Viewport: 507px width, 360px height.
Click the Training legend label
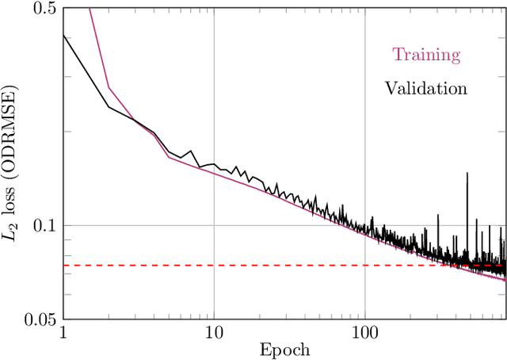coord(426,55)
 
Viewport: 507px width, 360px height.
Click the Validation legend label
coord(426,88)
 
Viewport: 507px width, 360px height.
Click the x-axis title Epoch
coord(284,350)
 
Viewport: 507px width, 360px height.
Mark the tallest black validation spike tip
coord(467,172)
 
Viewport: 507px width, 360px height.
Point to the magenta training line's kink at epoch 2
coord(108,88)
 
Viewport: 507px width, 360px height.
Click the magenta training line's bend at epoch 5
coord(168,157)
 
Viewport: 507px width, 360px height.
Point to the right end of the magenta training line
coord(505,279)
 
